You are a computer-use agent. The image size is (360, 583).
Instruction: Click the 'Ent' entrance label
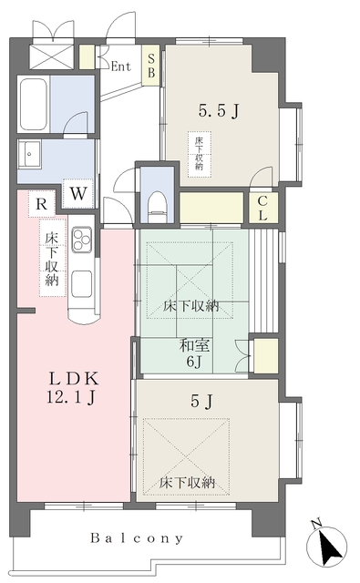[x=121, y=66]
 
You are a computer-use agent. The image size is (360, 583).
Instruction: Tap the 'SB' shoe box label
[x=152, y=66]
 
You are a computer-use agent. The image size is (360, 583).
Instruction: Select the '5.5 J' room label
[x=219, y=112]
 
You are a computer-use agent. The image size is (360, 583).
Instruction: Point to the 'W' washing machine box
[x=78, y=193]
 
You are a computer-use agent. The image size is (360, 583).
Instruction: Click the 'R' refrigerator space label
[x=41, y=204]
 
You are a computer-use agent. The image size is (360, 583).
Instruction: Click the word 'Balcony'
[x=136, y=538]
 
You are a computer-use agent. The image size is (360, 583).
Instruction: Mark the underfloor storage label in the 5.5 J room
[x=198, y=154]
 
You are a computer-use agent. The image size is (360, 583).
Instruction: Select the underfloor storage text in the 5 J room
[x=189, y=482]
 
